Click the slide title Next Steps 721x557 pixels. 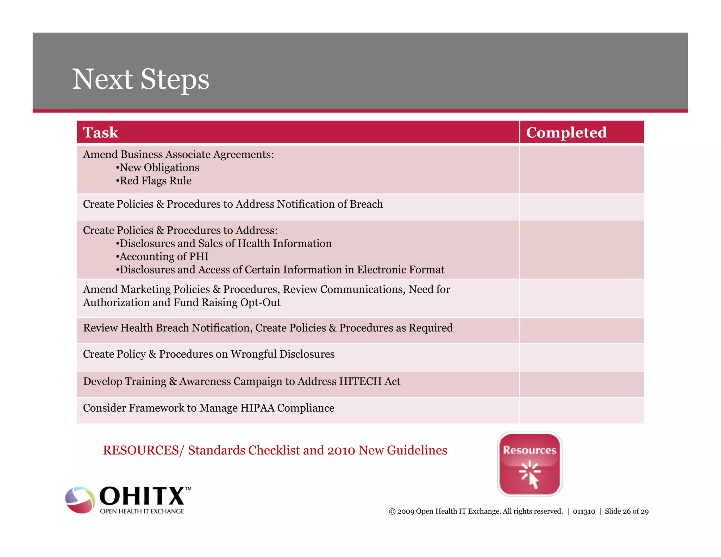140,79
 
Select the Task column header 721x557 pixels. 101,133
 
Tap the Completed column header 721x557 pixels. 566,133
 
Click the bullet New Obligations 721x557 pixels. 159,168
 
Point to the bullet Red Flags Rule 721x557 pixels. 155,181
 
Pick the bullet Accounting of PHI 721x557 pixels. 164,257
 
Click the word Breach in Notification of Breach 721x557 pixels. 366,204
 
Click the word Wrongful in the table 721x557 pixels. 253,354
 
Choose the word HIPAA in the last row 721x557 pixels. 257,408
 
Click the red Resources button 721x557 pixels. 529,464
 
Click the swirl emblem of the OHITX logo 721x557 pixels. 80,500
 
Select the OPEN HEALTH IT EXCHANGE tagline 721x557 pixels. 142,511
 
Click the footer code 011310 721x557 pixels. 584,512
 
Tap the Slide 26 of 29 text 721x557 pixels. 626,512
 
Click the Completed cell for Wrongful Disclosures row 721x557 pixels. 582,357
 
